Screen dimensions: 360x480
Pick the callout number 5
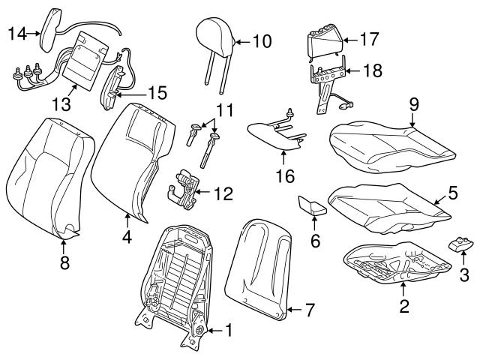click(452, 193)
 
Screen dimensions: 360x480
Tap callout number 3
click(464, 276)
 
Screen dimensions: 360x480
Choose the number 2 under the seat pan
click(405, 305)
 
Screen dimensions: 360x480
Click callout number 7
click(310, 309)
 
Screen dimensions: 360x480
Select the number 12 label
click(223, 194)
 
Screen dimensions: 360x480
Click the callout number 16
click(284, 178)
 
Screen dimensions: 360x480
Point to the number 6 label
click(315, 240)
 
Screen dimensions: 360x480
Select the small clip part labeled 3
click(459, 244)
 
